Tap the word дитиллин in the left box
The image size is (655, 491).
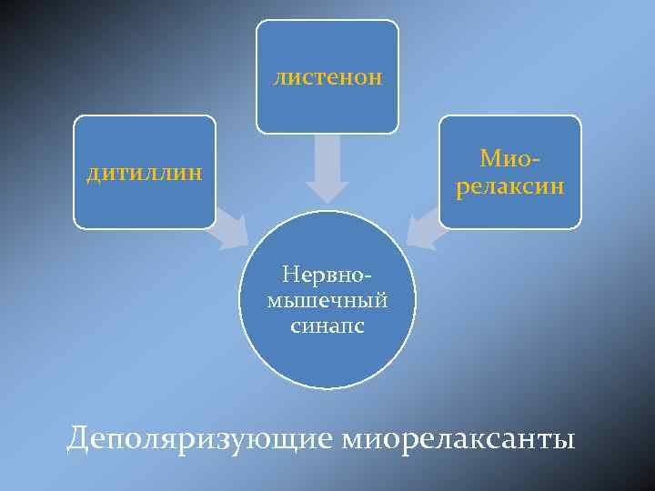point(145,173)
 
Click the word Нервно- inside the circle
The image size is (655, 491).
point(327,274)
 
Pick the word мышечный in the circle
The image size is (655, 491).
point(327,300)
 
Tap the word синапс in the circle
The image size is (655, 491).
point(327,326)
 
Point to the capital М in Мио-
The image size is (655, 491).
point(489,160)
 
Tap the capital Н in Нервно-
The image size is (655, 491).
point(289,274)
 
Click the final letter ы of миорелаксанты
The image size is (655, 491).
point(566,441)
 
